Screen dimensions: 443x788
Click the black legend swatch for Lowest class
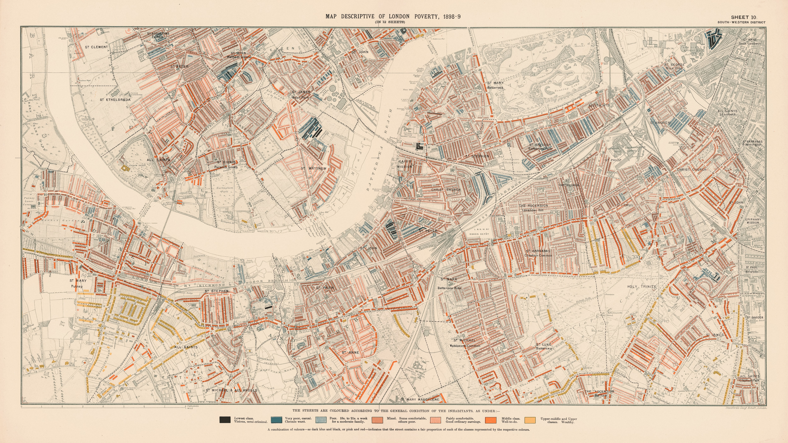click(225, 420)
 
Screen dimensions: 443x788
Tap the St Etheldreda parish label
click(115, 100)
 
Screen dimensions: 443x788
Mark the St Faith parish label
click(325, 288)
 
